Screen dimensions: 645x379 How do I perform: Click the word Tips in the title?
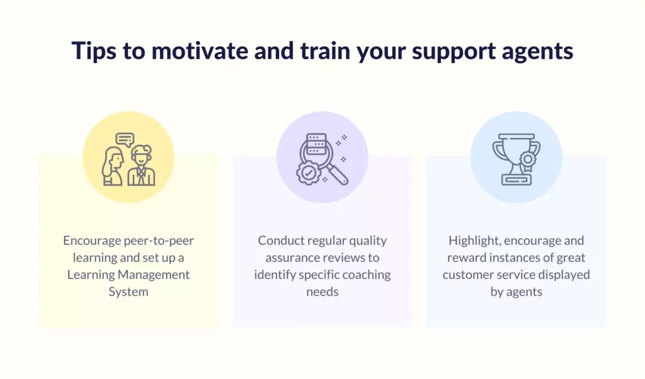click(x=94, y=52)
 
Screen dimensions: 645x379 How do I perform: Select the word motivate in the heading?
click(x=200, y=50)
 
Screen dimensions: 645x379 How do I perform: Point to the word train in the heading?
click(x=324, y=50)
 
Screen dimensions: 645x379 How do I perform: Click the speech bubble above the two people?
click(x=125, y=140)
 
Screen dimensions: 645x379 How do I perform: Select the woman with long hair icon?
click(x=113, y=166)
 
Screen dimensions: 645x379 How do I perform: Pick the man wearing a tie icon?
click(x=142, y=166)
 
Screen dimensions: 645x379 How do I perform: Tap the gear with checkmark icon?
click(x=307, y=173)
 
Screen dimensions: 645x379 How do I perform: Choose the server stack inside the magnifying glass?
click(x=316, y=144)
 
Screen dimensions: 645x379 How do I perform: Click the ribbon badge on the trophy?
click(x=527, y=161)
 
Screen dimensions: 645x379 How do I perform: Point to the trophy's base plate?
click(x=517, y=179)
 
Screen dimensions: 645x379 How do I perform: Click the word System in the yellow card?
click(x=128, y=292)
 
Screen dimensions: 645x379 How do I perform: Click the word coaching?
click(x=367, y=275)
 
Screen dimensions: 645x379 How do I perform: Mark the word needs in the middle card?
click(x=322, y=292)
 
